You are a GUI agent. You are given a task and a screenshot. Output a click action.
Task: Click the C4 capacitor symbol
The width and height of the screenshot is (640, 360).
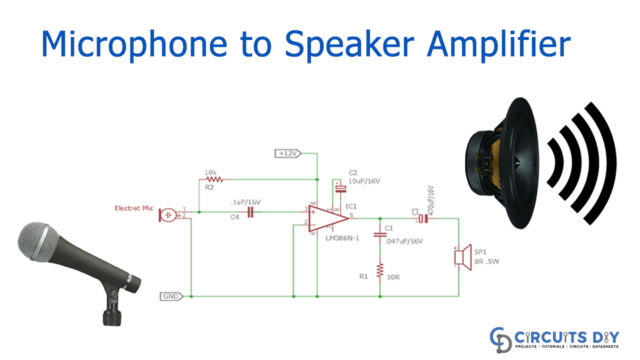(251, 211)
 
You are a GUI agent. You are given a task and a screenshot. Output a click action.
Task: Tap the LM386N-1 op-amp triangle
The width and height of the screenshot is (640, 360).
(326, 219)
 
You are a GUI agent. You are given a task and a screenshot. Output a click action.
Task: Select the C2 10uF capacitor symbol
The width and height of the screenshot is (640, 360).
(341, 187)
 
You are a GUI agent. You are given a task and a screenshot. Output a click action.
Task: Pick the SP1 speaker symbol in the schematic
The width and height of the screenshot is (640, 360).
(462, 257)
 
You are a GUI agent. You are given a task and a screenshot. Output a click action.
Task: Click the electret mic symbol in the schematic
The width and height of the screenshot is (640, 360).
(171, 214)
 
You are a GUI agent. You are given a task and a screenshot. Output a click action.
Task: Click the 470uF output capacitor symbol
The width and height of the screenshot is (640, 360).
(423, 217)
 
